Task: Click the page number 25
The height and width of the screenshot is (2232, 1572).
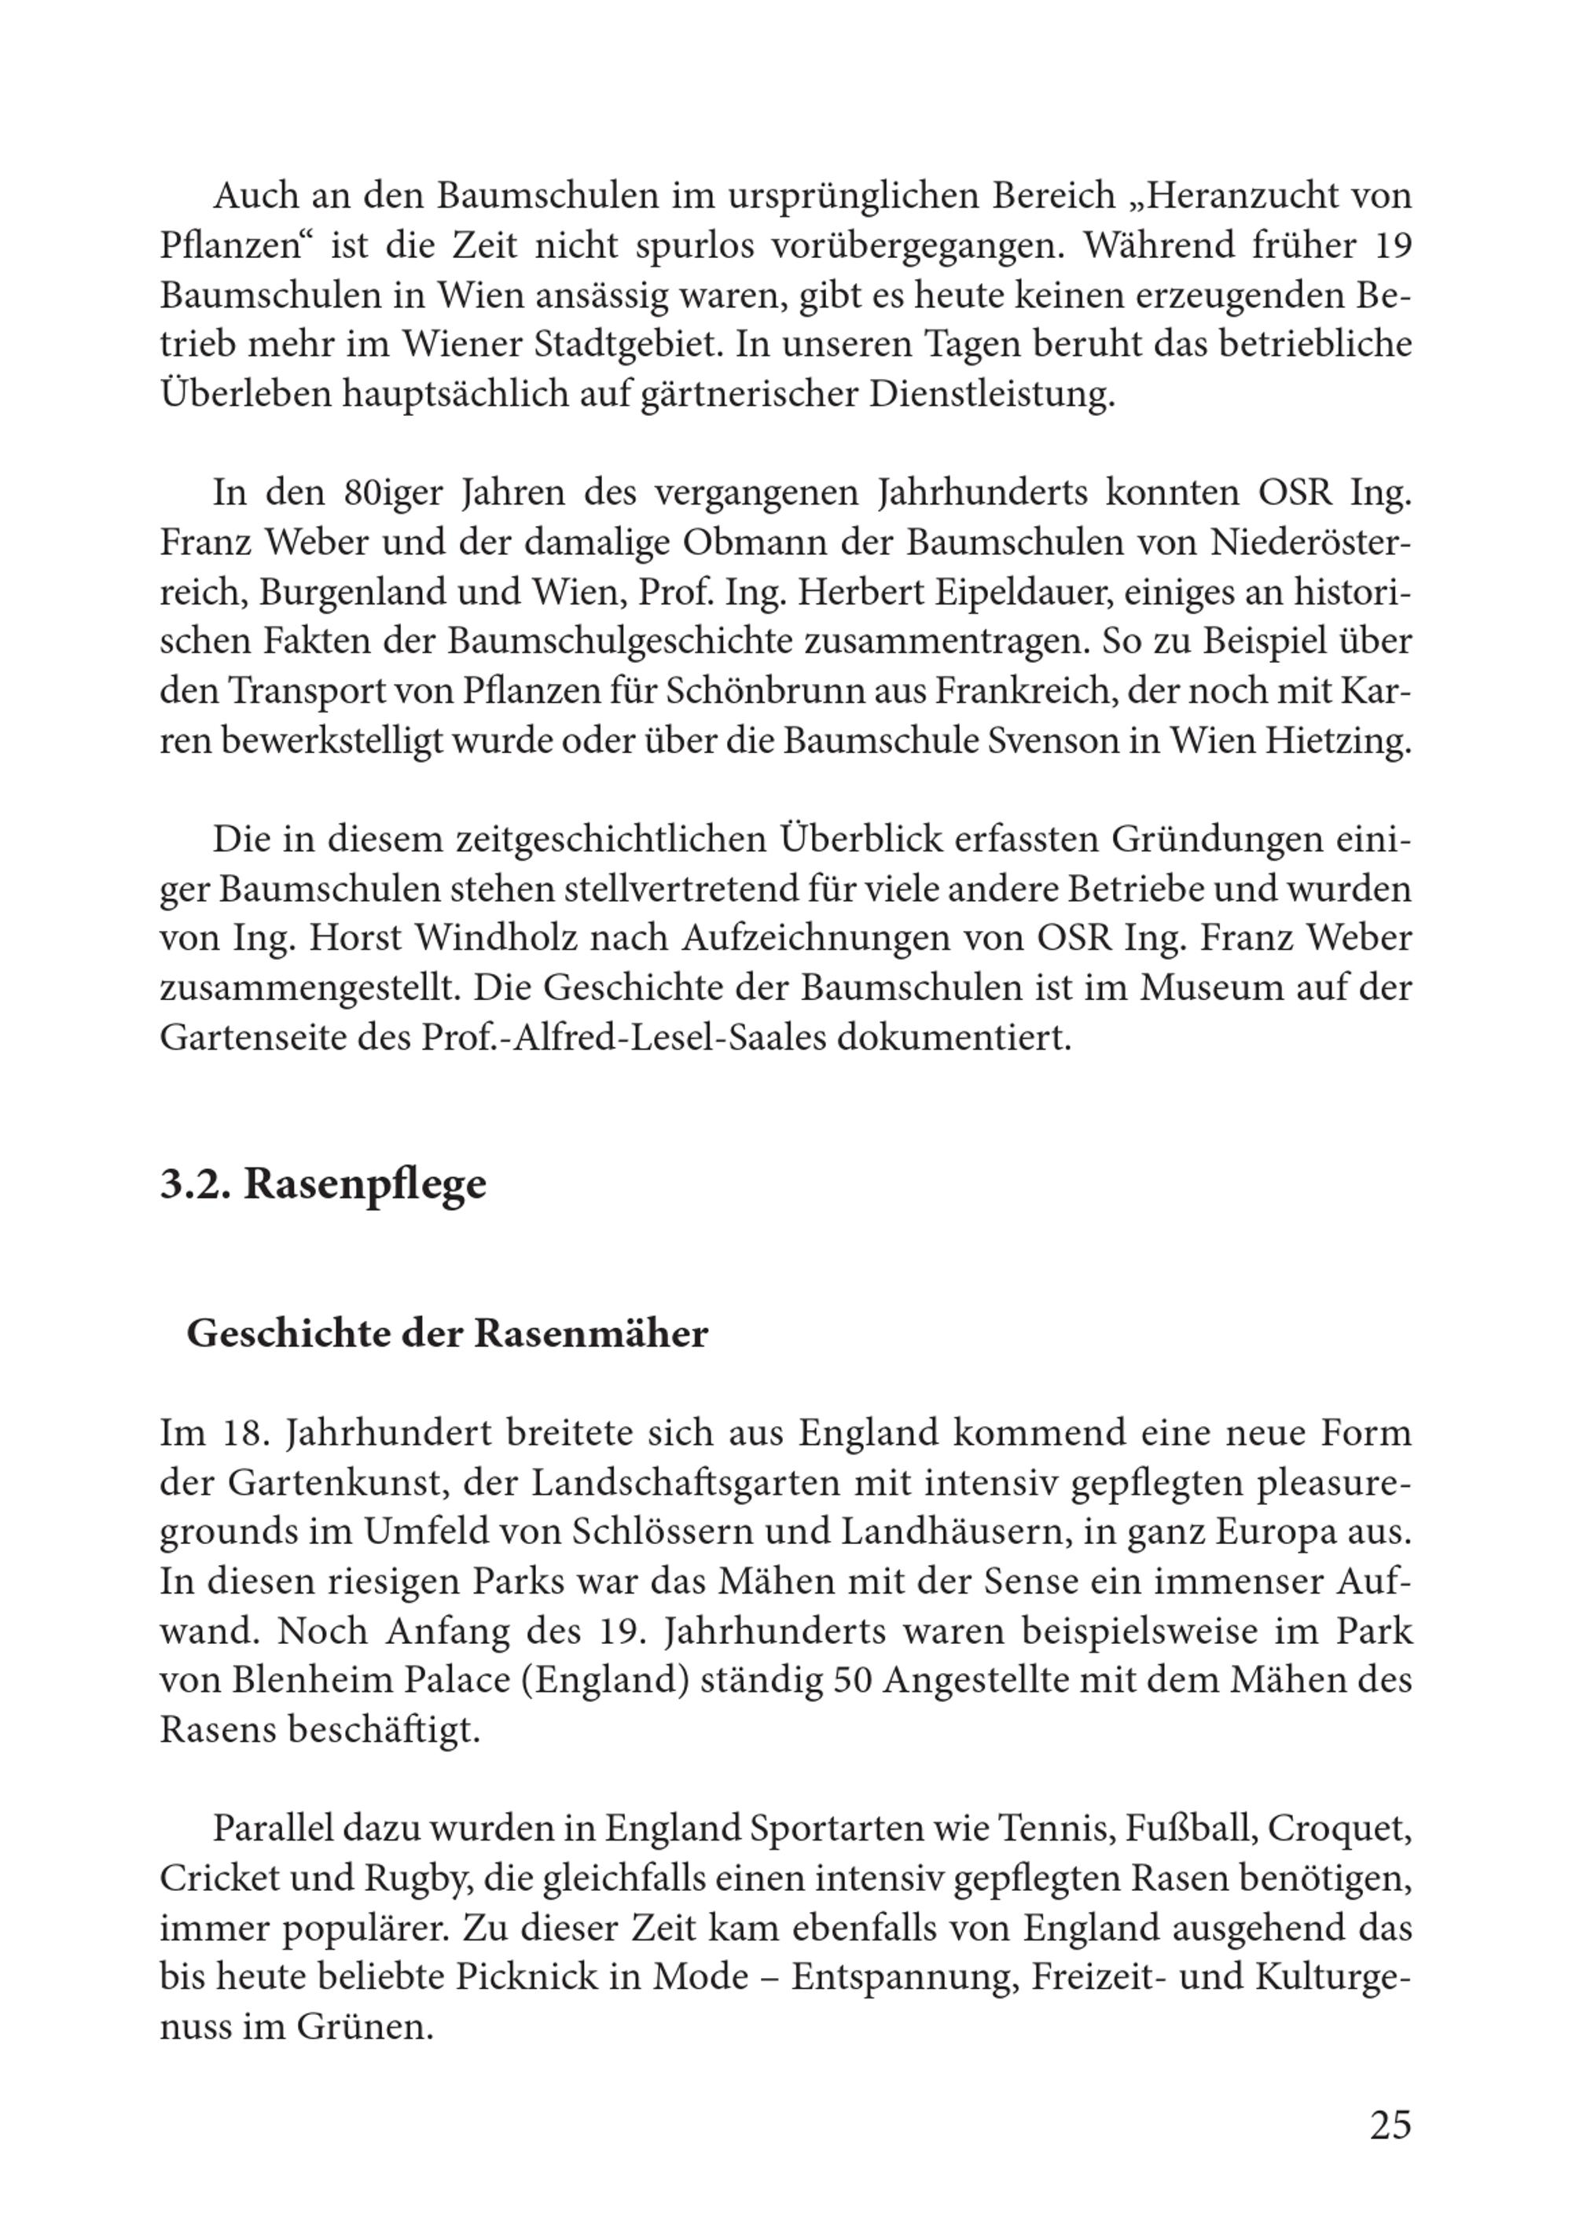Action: (1389, 2125)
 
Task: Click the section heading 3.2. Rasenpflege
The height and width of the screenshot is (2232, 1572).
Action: (323, 1184)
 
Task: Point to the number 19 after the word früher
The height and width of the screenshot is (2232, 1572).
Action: (1392, 246)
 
